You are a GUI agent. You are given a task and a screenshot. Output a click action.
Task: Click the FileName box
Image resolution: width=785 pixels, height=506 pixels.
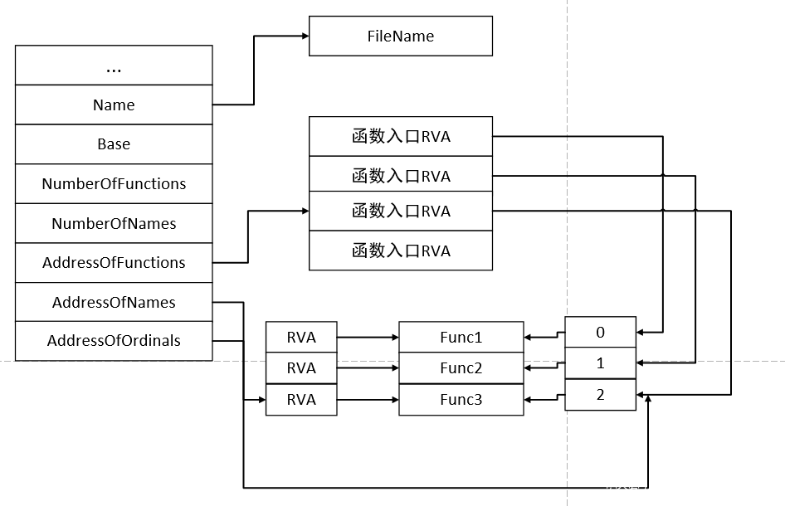[400, 36]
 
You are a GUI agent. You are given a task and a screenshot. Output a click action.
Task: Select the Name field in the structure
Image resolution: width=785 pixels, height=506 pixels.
[114, 105]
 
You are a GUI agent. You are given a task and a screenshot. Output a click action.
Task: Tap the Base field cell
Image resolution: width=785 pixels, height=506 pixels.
[114, 144]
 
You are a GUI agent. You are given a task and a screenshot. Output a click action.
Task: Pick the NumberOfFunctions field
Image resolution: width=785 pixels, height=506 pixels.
[114, 184]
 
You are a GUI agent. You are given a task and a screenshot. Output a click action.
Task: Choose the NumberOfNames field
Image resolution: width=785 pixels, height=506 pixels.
[114, 224]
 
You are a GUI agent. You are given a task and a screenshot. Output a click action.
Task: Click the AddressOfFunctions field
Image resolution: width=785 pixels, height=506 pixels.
[114, 263]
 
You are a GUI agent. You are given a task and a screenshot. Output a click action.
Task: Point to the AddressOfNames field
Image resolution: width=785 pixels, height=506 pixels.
[114, 303]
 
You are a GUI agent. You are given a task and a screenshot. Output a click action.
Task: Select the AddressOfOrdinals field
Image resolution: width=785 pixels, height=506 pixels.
[114, 341]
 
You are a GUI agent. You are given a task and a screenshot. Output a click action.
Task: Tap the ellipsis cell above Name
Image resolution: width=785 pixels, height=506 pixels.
[114, 66]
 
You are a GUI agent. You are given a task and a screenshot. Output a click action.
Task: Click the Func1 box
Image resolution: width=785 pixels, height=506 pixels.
[461, 338]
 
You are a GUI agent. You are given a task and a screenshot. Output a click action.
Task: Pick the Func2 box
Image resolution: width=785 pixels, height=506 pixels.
[461, 368]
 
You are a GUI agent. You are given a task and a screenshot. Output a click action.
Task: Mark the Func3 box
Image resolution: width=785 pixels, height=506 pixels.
[461, 400]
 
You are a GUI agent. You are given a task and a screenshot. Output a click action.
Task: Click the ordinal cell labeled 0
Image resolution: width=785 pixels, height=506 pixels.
[600, 333]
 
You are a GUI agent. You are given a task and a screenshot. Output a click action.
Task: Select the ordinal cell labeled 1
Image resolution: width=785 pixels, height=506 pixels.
[600, 363]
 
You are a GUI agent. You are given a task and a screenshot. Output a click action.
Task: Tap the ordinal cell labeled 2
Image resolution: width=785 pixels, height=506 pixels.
[600, 395]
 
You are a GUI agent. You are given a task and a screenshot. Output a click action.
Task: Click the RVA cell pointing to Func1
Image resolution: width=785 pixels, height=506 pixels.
[301, 338]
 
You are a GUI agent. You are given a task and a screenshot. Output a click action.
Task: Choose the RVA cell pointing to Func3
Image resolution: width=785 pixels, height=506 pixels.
[301, 400]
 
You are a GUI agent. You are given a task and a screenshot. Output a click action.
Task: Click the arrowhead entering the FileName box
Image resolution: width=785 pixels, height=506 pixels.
[304, 36]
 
